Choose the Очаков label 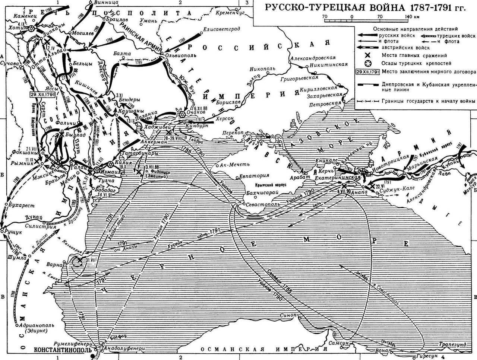tap(197, 111)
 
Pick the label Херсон tap(225, 118)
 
